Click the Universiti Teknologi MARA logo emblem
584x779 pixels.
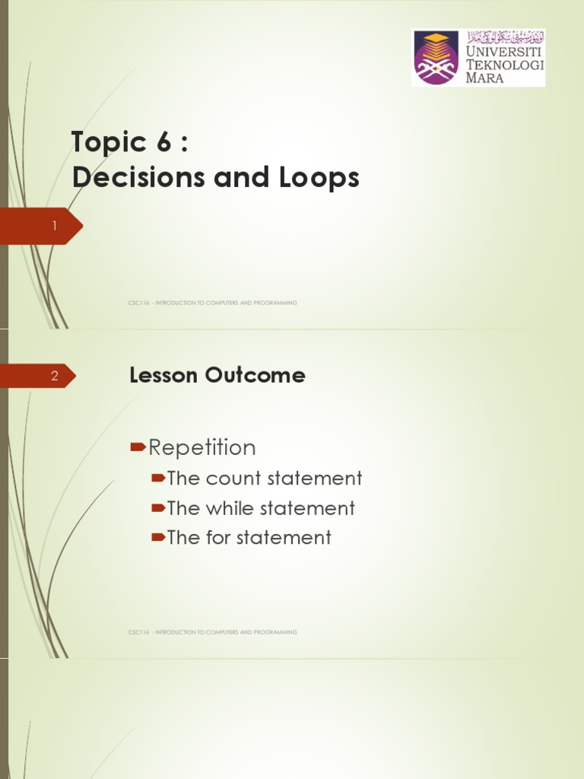point(436,57)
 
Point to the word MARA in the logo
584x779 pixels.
point(484,78)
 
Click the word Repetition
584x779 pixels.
point(202,447)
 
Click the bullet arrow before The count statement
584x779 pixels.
point(158,479)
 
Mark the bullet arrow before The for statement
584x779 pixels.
point(158,538)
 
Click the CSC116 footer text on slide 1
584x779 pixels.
point(213,303)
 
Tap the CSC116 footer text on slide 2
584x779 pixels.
point(213,632)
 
